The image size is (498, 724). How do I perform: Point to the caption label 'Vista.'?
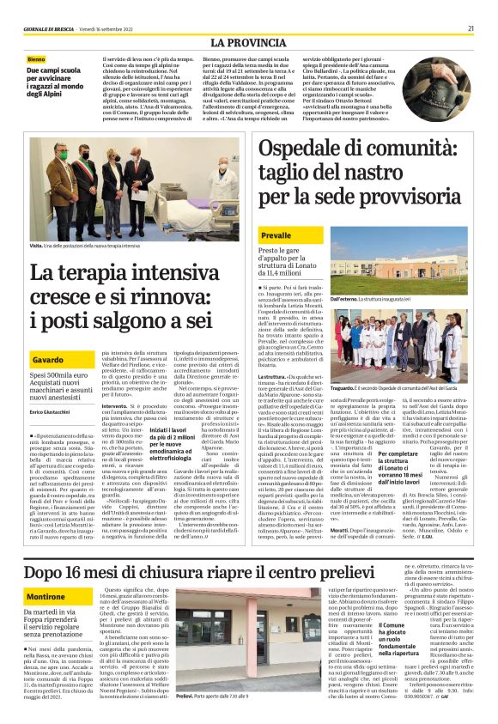pos(36,245)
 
